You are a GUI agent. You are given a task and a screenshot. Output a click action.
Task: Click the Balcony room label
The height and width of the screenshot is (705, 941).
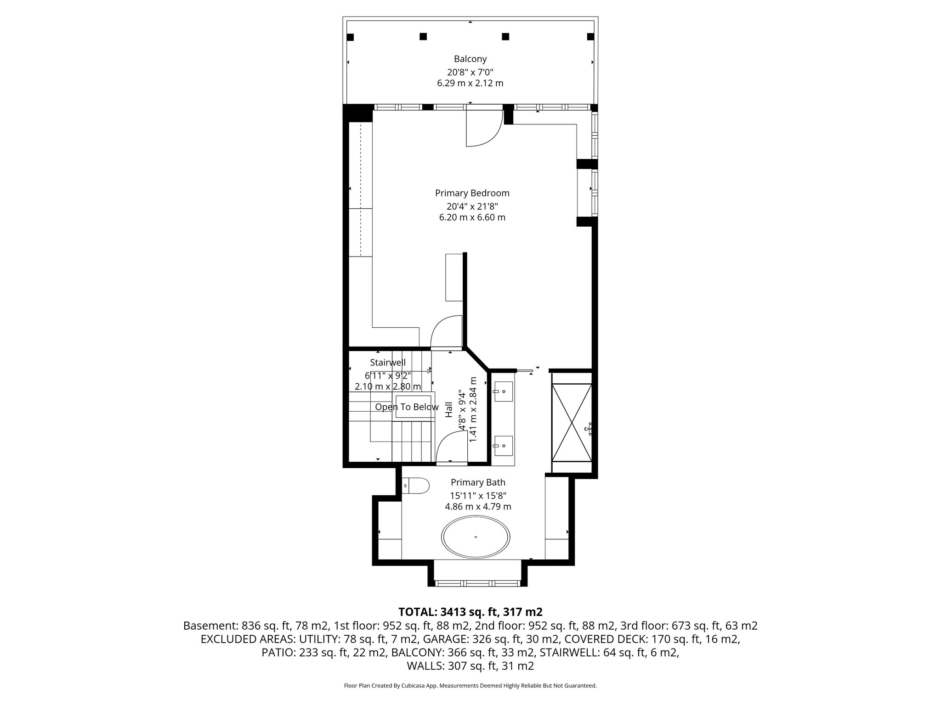tap(470, 59)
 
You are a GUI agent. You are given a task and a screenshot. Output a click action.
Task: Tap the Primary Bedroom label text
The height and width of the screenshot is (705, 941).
tap(472, 193)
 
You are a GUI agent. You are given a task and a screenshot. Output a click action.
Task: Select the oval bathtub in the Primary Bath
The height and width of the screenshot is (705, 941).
tap(476, 537)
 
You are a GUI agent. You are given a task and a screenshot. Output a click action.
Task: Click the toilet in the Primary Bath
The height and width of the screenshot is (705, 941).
tap(416, 485)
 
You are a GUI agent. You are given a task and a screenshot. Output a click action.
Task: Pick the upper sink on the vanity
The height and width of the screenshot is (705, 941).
tap(503, 392)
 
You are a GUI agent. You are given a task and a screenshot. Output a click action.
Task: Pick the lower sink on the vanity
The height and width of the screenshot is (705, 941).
tap(503, 445)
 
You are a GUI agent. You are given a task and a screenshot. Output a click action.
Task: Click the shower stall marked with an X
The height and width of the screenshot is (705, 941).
tap(572, 422)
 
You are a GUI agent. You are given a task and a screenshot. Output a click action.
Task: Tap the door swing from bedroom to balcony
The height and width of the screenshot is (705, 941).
tap(482, 129)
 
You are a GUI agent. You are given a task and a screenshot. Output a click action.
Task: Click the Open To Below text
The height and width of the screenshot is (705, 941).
tap(407, 407)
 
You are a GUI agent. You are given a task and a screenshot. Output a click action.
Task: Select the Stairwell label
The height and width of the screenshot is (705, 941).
tap(388, 363)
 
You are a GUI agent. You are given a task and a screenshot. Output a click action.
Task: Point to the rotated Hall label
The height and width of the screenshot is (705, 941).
tap(449, 410)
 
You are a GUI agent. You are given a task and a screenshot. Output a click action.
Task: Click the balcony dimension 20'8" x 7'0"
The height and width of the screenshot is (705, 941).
tap(470, 72)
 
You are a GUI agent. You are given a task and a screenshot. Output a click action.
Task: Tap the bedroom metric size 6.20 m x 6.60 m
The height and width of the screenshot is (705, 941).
tap(472, 218)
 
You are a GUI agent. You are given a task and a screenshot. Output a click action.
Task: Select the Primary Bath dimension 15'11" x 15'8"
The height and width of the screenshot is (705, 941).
tap(478, 495)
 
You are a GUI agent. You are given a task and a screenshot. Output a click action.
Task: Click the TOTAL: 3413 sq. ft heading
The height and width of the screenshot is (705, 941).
tap(470, 612)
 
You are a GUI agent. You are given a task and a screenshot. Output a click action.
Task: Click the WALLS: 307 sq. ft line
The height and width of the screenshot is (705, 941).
tap(470, 666)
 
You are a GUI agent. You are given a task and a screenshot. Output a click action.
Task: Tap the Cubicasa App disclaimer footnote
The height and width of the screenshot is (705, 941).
tap(470, 686)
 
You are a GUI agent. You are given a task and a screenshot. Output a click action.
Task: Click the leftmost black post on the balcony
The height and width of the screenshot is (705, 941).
tap(351, 37)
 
